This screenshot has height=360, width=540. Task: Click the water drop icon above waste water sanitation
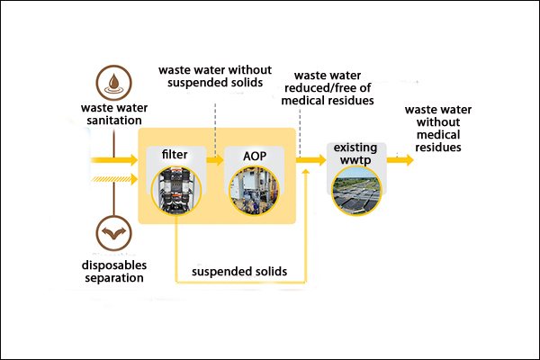point(113,79)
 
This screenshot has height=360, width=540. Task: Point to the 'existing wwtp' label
point(356,153)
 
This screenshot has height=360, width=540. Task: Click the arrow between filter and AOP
point(214,159)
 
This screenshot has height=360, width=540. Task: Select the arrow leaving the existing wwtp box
point(401,159)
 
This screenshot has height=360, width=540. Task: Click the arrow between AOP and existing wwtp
point(310,159)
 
